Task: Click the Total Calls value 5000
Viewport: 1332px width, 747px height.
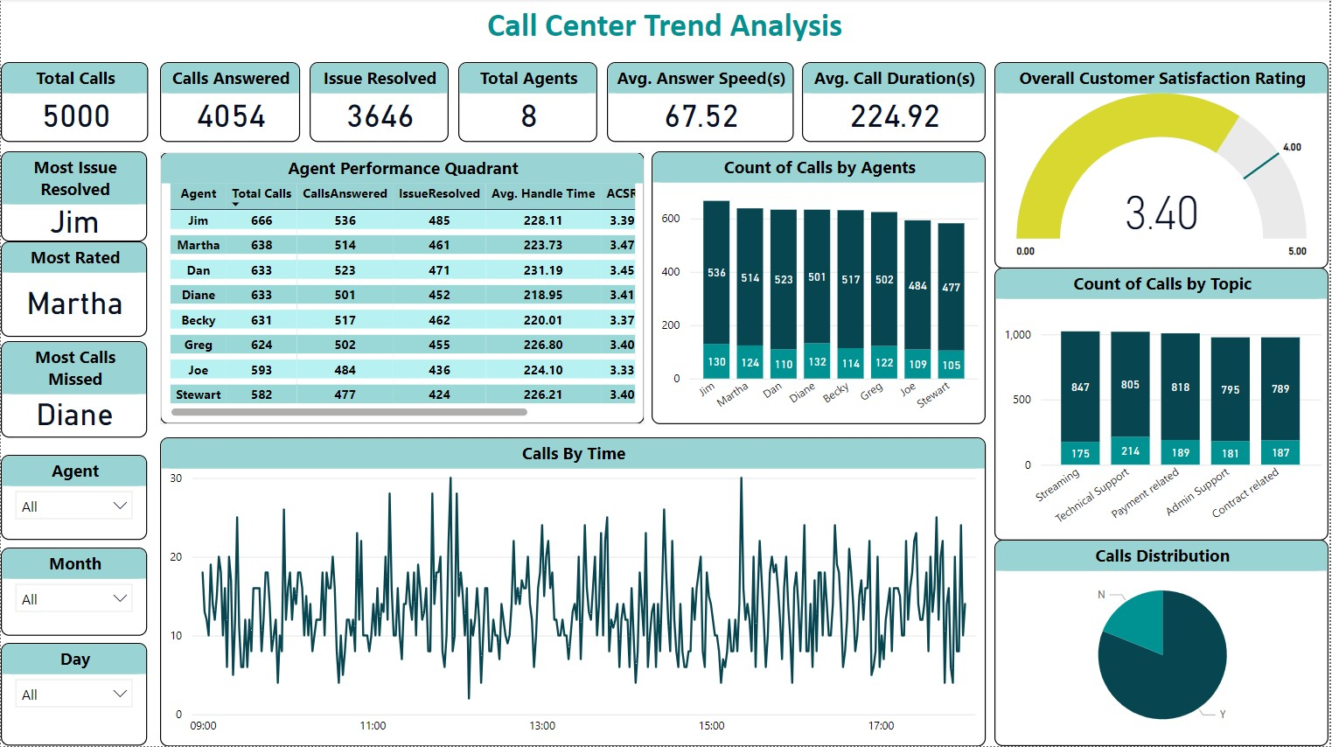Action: click(76, 116)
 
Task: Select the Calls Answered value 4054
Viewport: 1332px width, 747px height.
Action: click(231, 116)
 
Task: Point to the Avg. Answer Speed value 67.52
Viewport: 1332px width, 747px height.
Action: click(701, 116)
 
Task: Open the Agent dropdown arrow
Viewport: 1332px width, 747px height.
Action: click(121, 506)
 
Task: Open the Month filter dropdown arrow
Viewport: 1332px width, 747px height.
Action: click(121, 598)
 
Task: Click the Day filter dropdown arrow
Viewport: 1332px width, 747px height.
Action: click(121, 694)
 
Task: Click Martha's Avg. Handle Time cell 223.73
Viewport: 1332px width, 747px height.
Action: click(542, 246)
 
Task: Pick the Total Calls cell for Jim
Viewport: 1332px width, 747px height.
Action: click(262, 221)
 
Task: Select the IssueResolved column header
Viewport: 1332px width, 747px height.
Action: click(439, 194)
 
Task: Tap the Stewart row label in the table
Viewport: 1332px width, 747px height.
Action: click(199, 395)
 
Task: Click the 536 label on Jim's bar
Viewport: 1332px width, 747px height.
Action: click(716, 273)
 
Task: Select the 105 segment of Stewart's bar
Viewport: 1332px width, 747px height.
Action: click(951, 365)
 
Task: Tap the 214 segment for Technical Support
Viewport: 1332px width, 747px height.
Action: click(1130, 451)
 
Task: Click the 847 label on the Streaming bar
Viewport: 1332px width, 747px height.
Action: click(1080, 387)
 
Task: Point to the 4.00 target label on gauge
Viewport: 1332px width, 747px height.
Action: click(1292, 147)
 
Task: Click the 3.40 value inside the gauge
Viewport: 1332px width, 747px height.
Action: click(1161, 213)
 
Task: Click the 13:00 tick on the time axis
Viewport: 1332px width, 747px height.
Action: click(542, 726)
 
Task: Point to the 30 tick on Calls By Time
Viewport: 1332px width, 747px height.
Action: click(176, 478)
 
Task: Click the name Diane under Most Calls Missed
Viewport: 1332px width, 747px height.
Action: click(75, 415)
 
